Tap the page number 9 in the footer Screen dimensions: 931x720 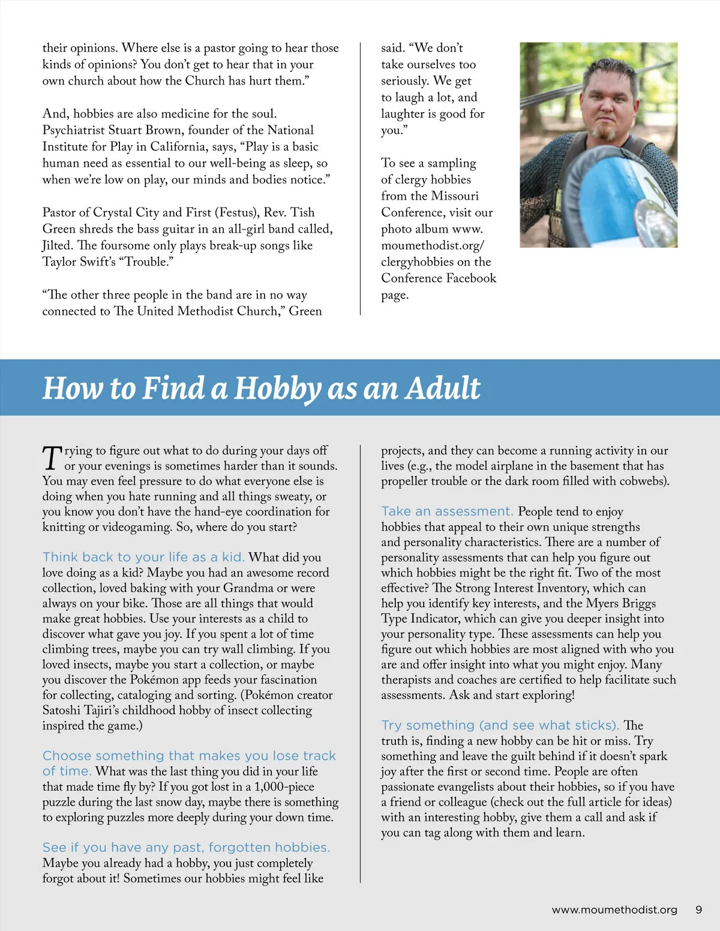click(698, 909)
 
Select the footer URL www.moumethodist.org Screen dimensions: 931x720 click(614, 909)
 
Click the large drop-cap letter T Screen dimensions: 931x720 click(52, 458)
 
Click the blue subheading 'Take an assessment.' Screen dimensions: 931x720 click(447, 511)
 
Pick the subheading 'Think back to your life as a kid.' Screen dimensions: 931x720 click(143, 557)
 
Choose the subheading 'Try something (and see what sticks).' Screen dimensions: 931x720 click(500, 725)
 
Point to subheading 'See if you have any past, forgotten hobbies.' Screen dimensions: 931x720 click(186, 847)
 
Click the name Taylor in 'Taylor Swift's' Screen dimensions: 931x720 click(60, 262)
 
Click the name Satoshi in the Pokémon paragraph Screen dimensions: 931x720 click(63, 710)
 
